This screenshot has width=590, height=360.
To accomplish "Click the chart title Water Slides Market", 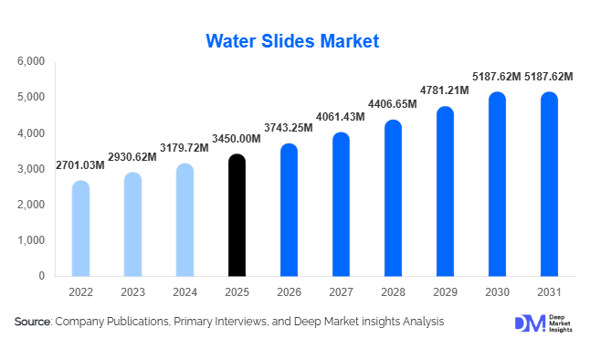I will pyautogui.click(x=292, y=41).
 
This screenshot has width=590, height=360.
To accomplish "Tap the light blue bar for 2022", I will pyautogui.click(x=80, y=229).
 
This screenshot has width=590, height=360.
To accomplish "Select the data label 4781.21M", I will pyautogui.click(x=444, y=90).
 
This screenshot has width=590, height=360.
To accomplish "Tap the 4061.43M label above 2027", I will pyautogui.click(x=340, y=117).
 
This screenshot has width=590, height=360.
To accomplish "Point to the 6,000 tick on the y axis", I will pyautogui.click(x=31, y=61).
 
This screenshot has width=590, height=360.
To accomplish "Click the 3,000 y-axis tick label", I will pyautogui.click(x=31, y=169).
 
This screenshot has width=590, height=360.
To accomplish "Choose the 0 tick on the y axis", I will pyautogui.click(x=41, y=276).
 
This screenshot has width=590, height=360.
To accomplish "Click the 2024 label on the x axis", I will pyautogui.click(x=184, y=292).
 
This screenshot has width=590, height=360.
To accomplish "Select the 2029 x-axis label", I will pyautogui.click(x=445, y=292).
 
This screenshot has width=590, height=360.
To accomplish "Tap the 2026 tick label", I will pyautogui.click(x=289, y=292).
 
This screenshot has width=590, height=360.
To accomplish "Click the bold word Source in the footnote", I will pyautogui.click(x=33, y=322).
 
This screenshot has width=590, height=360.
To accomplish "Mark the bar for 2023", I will pyautogui.click(x=132, y=225).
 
